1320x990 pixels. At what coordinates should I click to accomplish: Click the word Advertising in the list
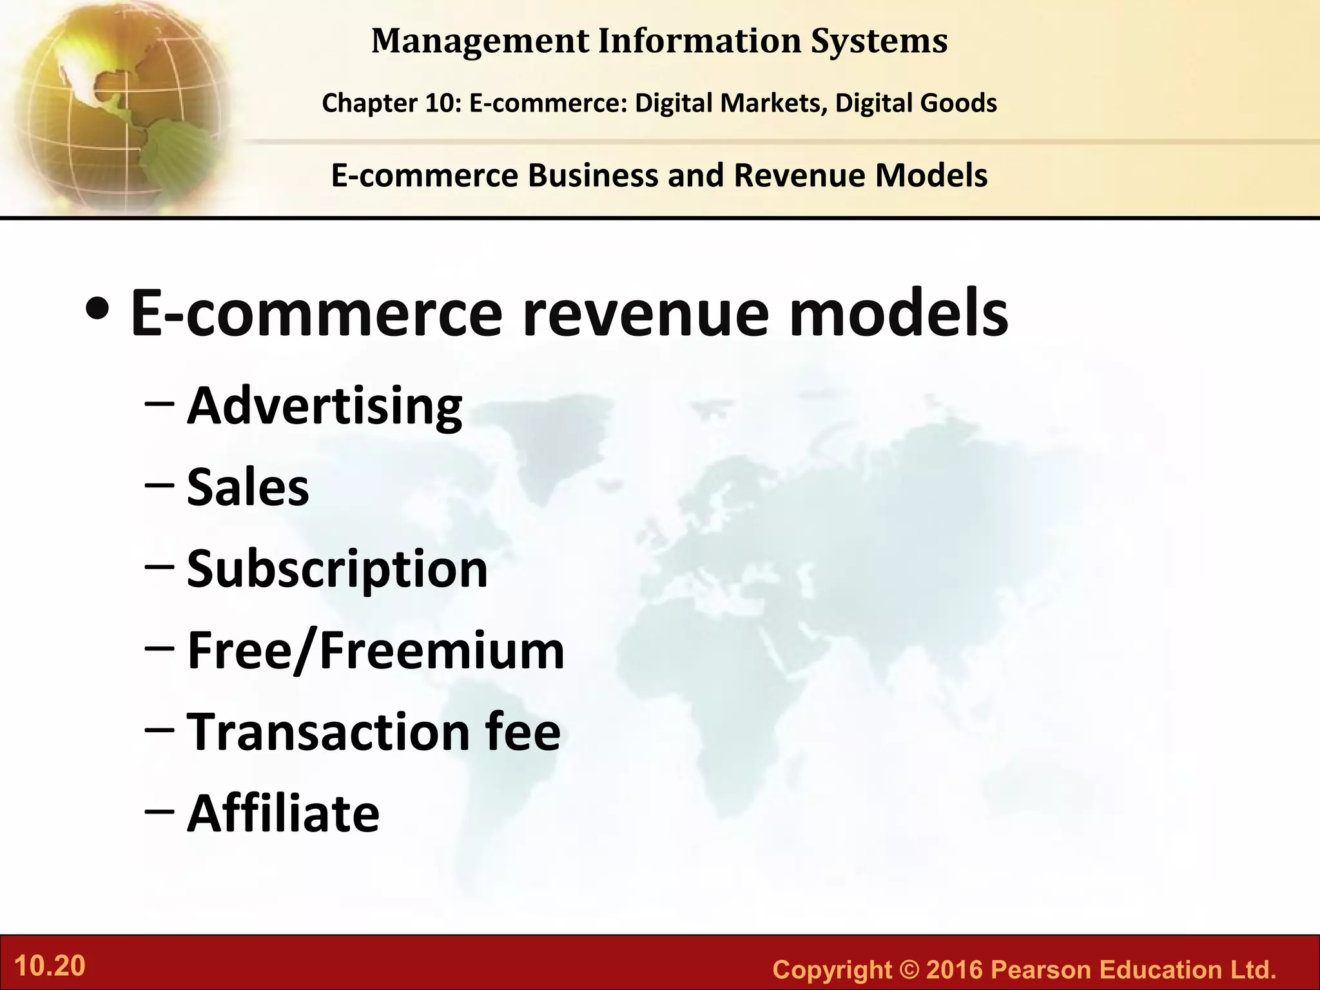[324, 407]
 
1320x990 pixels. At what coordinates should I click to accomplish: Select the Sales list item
[247, 487]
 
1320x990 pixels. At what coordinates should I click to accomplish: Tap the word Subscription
[337, 569]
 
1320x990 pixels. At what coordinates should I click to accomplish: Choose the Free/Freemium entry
[376, 650]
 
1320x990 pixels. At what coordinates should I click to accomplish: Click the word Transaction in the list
[329, 732]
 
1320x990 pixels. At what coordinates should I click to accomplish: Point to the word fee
[523, 732]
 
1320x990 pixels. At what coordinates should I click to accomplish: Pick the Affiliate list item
[283, 813]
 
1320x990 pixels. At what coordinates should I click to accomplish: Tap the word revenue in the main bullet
[645, 314]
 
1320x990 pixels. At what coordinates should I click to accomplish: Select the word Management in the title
[480, 41]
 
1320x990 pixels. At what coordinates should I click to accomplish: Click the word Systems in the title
[879, 41]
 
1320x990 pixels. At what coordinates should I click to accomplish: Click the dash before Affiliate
[159, 811]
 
